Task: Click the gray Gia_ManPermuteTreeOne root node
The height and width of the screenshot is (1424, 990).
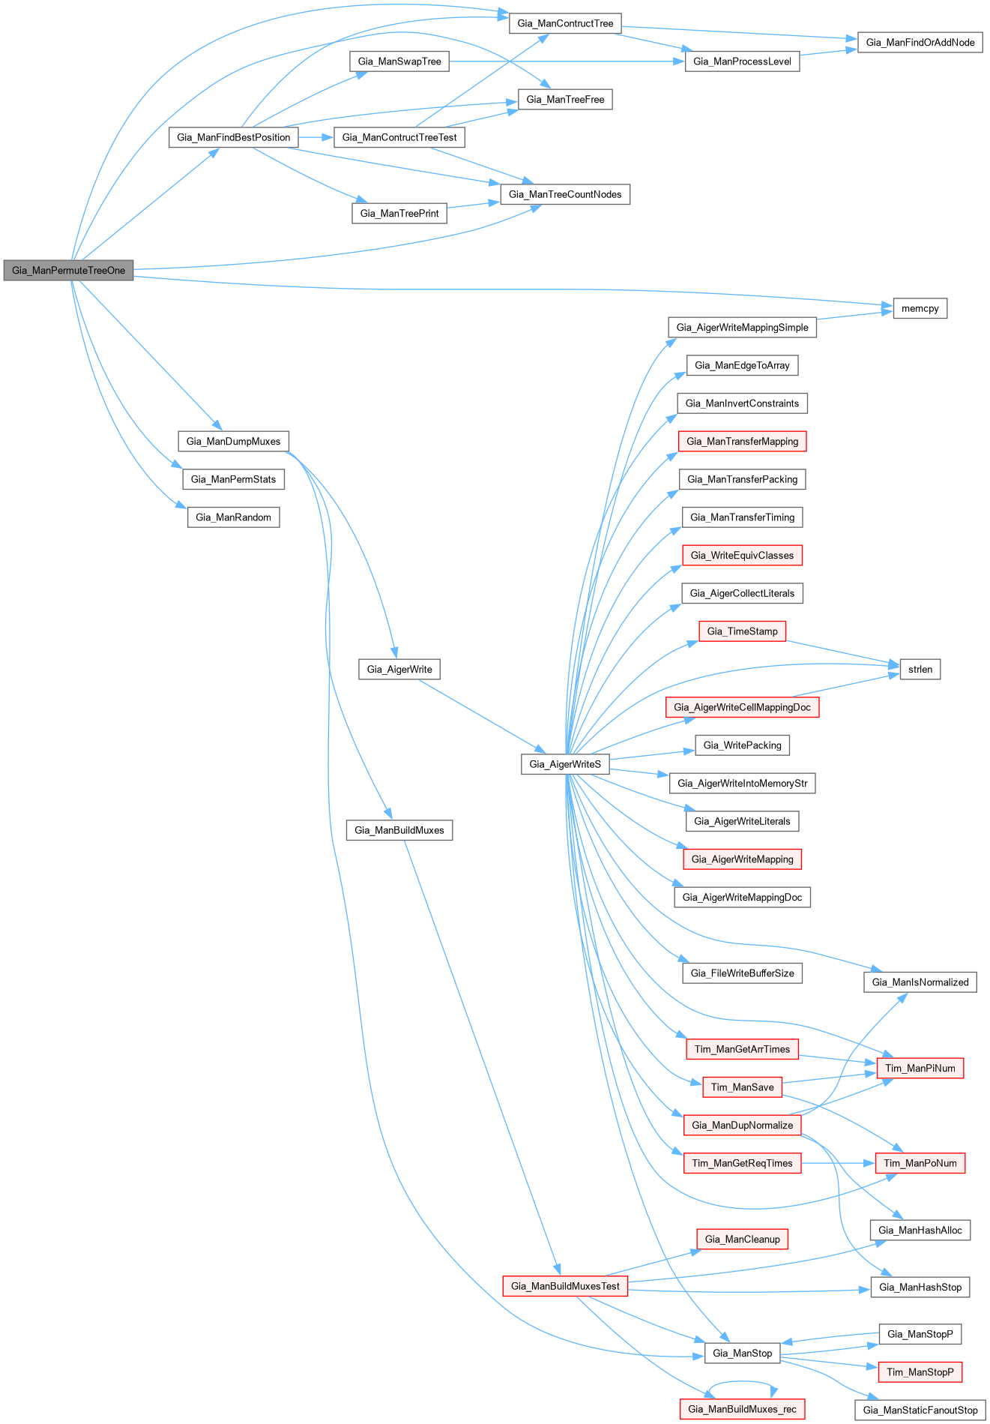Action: click(68, 270)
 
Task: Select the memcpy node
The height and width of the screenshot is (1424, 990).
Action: click(920, 308)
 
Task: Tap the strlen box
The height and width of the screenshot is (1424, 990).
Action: click(920, 669)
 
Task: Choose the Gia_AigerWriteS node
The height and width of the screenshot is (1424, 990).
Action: click(565, 764)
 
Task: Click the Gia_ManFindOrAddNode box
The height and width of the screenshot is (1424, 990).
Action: click(920, 43)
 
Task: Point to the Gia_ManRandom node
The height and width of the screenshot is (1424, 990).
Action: click(233, 517)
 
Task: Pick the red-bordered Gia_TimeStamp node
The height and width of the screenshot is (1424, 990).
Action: click(742, 631)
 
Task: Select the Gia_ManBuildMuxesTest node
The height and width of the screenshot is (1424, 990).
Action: click(565, 1286)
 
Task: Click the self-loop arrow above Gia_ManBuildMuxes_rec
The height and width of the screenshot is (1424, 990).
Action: click(742, 1384)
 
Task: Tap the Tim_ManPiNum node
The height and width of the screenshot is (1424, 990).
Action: click(920, 1068)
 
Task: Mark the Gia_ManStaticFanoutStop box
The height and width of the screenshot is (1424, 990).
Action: click(920, 1410)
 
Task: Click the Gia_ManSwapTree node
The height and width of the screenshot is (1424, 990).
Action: click(399, 61)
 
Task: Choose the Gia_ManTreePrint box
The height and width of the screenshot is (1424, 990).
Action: click(399, 214)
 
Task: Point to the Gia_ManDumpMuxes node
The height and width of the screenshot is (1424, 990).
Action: click(233, 441)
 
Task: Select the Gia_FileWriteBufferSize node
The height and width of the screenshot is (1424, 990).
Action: click(742, 973)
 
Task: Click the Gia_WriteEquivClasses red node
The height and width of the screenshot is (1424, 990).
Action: click(742, 556)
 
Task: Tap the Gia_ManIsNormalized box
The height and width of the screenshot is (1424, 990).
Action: click(920, 982)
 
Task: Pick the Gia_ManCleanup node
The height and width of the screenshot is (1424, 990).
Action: click(742, 1239)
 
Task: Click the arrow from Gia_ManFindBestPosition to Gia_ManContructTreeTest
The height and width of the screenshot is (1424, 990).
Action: click(316, 137)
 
